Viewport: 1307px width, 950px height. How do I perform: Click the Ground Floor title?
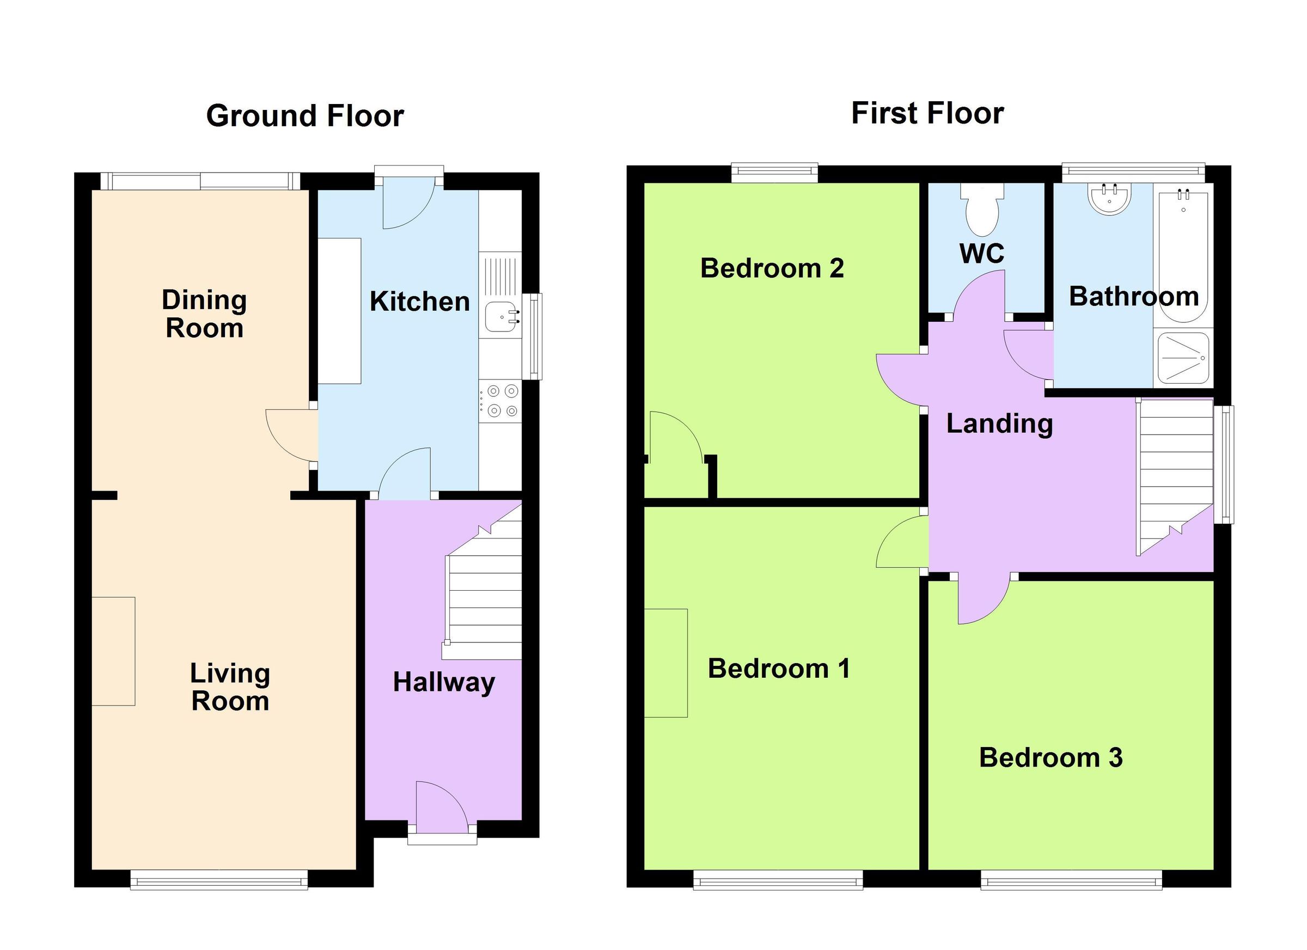[305, 116]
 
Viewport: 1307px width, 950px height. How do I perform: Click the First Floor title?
[927, 113]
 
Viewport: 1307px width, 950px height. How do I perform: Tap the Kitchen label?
[419, 302]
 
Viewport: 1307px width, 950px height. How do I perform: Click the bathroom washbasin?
[1109, 199]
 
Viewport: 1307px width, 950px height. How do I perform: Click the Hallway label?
[444, 683]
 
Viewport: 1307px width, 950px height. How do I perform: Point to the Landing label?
[999, 424]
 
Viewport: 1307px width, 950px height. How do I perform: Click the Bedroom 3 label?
[1051, 758]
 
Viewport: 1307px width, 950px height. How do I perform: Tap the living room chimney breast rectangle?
[113, 652]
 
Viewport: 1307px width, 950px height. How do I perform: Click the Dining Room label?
[204, 314]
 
